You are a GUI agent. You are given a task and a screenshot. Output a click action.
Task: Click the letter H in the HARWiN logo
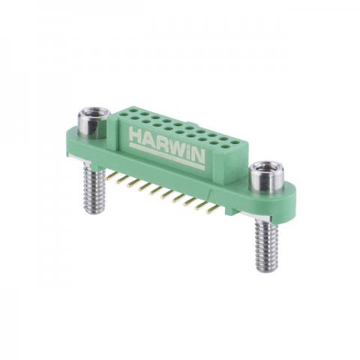[136, 134]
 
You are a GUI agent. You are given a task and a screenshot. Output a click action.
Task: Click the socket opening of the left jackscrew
[94, 111]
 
